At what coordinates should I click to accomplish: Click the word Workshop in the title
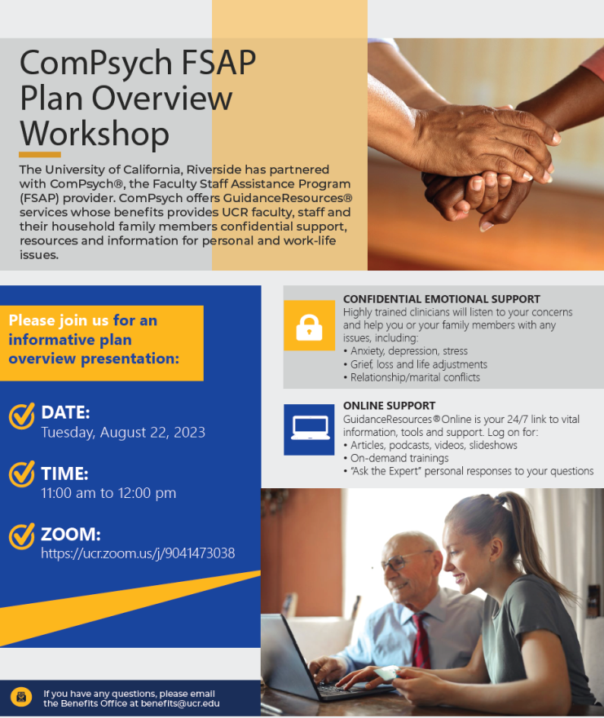tap(95, 134)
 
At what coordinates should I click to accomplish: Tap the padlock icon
tap(309, 327)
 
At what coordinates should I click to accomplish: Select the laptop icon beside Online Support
tap(311, 428)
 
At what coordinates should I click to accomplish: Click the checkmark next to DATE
tap(21, 416)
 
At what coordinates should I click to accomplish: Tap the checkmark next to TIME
tap(21, 474)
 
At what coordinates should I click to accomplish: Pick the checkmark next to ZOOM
tap(21, 535)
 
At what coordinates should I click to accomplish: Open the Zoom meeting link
tap(138, 553)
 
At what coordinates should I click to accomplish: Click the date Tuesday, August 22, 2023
tap(123, 432)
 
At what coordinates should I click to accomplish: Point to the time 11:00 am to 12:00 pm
tap(108, 493)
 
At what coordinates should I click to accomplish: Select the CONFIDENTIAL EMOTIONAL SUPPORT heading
tap(442, 299)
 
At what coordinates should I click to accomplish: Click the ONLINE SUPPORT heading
tap(390, 406)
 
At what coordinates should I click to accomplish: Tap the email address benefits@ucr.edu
tap(180, 703)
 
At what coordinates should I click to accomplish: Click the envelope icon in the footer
tap(21, 698)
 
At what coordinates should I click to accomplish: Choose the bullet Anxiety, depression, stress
tap(405, 351)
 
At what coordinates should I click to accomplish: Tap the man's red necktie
tap(421, 641)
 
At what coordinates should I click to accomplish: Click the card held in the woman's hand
tap(386, 673)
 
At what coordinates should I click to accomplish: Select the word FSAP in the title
tap(218, 62)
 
